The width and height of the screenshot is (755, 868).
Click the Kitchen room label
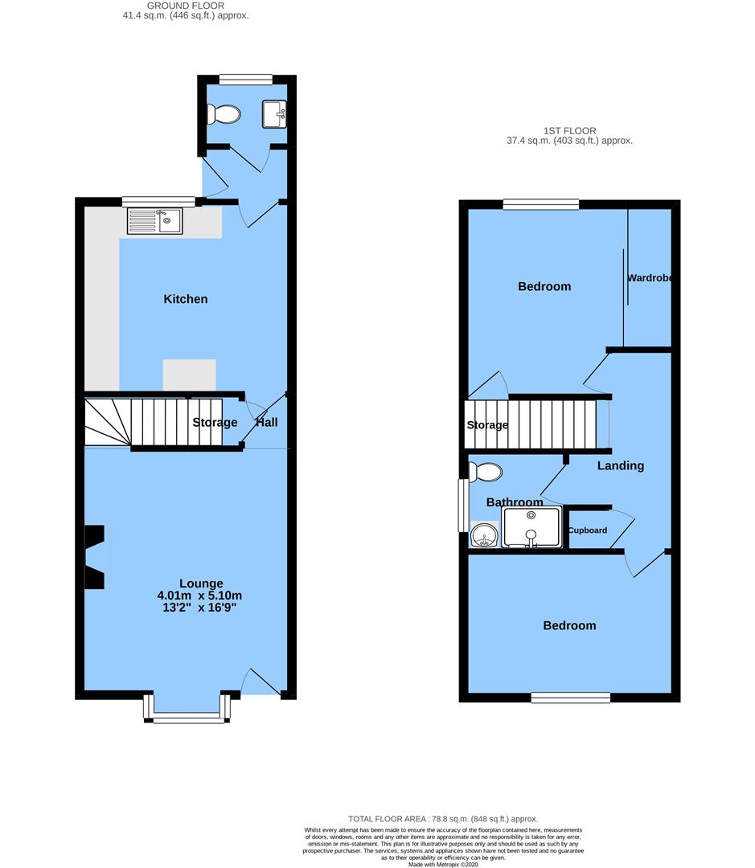pos(186,299)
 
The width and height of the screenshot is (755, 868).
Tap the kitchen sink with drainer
pos(154,220)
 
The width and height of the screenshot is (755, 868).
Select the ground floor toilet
pos(223,116)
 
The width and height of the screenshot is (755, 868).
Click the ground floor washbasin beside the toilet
pos(274,114)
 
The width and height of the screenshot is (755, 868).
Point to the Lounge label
pos(201,583)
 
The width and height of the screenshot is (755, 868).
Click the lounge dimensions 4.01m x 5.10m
pos(200,596)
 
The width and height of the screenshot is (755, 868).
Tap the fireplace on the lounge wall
pos(95,557)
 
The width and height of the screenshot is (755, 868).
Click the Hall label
pos(267,422)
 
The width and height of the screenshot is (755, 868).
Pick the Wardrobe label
pos(650,278)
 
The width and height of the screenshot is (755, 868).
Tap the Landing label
pos(620,465)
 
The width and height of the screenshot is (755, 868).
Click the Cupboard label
pos(588,530)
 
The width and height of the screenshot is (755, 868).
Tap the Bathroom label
pos(515,502)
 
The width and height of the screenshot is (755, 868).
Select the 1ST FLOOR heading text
pos(568,130)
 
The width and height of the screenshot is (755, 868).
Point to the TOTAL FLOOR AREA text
pos(442,819)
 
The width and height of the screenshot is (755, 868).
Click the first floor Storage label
pos(487,425)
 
